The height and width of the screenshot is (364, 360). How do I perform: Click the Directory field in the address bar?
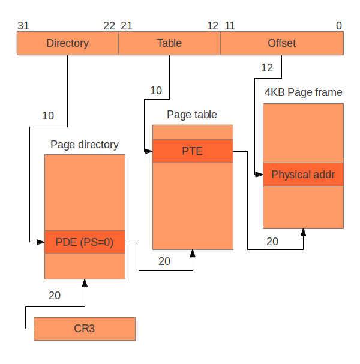[67, 43]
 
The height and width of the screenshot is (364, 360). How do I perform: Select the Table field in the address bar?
[169, 43]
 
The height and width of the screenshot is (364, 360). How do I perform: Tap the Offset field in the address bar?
[281, 43]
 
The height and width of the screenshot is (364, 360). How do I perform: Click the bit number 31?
[23, 25]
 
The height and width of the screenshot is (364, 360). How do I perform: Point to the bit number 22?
[109, 25]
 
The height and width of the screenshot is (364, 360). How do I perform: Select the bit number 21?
[126, 25]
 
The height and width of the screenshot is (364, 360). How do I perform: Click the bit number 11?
[229, 25]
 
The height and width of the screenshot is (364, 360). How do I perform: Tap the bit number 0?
[339, 25]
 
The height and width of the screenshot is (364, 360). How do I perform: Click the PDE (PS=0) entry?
[85, 242]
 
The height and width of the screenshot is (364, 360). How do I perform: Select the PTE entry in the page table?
[193, 151]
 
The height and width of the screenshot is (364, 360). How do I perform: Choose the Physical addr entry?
[303, 175]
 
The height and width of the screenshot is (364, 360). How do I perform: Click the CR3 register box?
[85, 329]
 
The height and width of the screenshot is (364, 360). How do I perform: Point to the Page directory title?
[85, 145]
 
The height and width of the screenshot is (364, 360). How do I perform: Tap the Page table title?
[192, 115]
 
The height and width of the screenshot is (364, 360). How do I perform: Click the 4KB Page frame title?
[304, 92]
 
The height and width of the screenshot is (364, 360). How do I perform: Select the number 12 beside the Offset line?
[267, 68]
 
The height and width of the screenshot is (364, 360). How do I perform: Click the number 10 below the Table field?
[156, 91]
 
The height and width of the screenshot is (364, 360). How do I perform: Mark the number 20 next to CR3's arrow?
[55, 296]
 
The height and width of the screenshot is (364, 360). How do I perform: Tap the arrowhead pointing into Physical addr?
[259, 175]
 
